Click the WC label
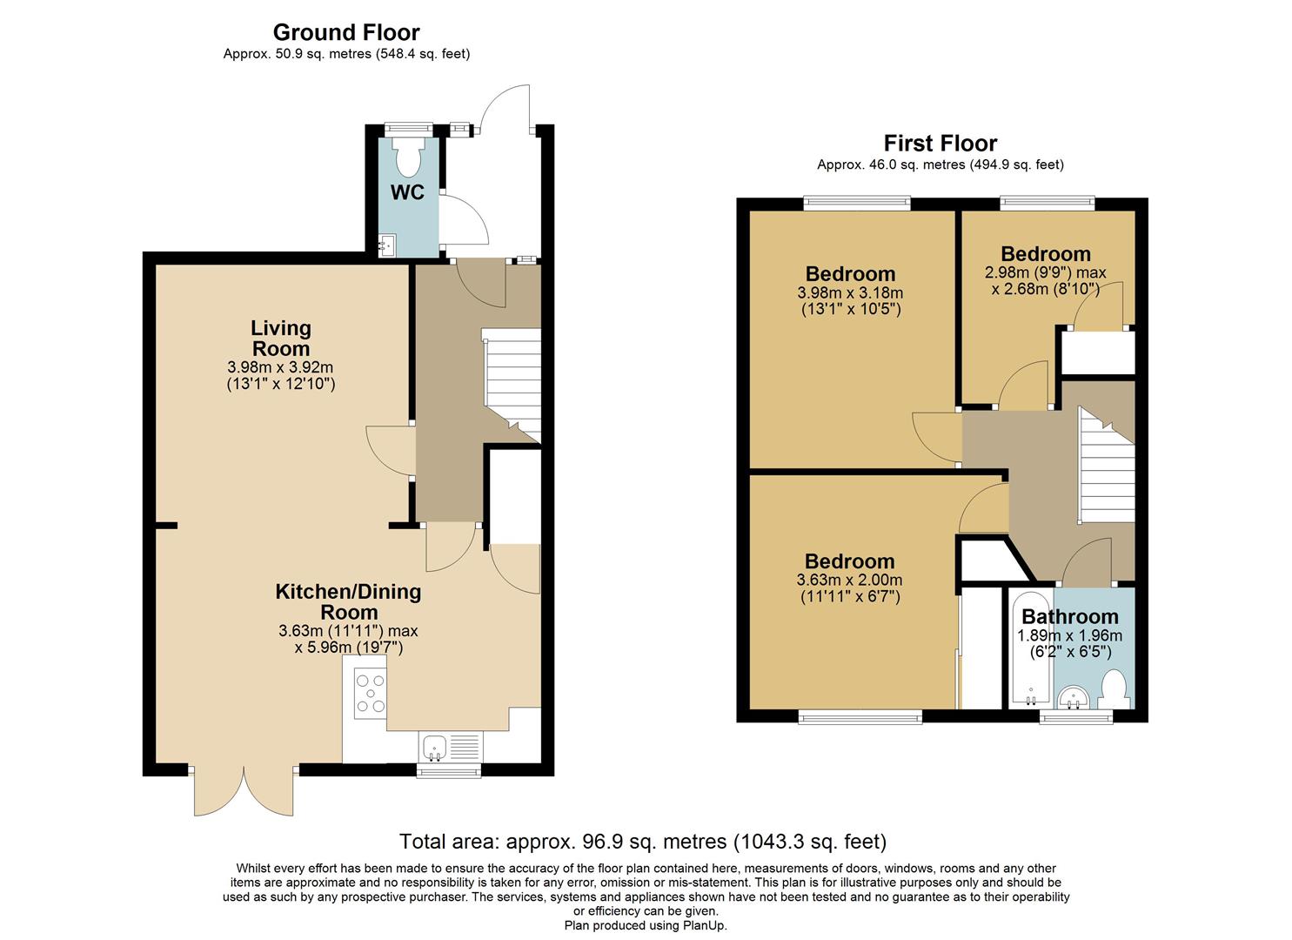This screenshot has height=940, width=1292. [x=407, y=192]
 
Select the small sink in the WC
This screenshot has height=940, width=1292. [x=387, y=245]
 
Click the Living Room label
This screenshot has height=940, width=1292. [x=280, y=339]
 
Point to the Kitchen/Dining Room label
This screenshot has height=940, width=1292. [x=348, y=601]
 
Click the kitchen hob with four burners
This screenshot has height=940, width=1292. [x=370, y=695]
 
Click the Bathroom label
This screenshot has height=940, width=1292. [x=1069, y=617]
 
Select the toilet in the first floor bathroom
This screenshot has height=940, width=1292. [x=1114, y=688]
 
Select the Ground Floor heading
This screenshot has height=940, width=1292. [x=346, y=32]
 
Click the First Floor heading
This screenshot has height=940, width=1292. [x=940, y=143]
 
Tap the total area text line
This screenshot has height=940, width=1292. [x=642, y=842]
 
